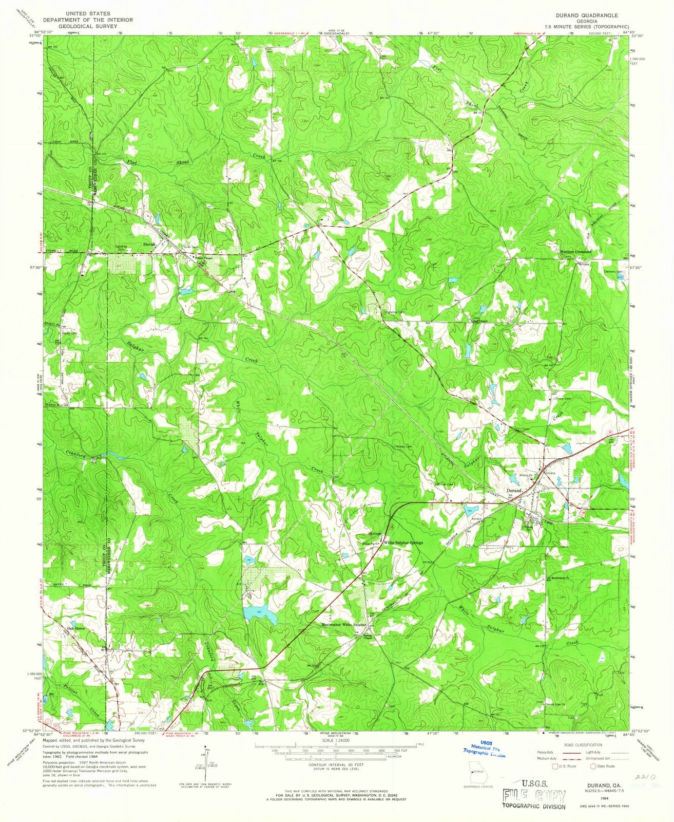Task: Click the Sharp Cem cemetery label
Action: [x=563, y=392]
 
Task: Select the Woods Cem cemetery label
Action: [x=404, y=446]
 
